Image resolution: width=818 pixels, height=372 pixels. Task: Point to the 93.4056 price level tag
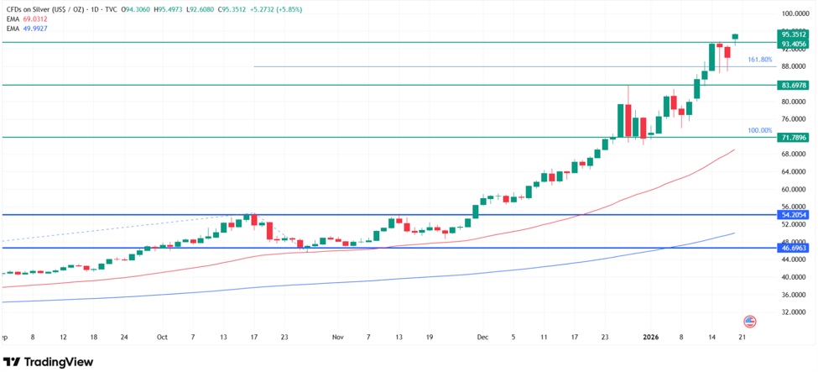coord(793,44)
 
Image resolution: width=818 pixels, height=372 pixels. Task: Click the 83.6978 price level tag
coord(793,86)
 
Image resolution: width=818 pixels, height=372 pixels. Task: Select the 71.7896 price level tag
coord(793,138)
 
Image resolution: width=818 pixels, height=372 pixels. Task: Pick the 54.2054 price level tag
coord(793,215)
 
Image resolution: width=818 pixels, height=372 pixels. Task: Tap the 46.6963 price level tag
coord(793,249)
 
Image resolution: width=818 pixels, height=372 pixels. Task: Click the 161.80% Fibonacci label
coord(759,60)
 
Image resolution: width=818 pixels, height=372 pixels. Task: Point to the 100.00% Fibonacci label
coord(759,131)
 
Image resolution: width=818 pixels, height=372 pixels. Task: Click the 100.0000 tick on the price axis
coord(793,14)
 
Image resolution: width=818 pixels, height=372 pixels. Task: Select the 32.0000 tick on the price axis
coord(793,312)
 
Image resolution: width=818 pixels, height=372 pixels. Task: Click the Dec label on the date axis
coord(482,337)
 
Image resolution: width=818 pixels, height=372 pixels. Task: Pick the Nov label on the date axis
coord(337,337)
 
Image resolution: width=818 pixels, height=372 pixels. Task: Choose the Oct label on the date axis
coord(162,337)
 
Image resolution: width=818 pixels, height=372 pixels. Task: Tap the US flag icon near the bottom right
coord(750,322)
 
